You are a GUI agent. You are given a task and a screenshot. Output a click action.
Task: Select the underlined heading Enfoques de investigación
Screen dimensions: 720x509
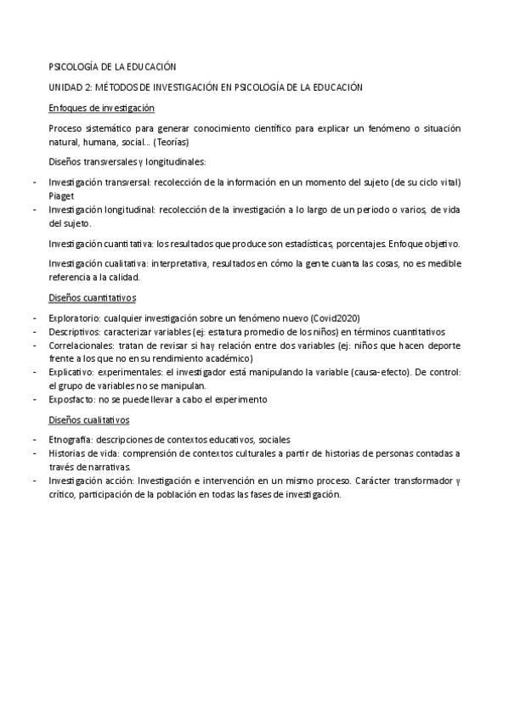tap(101, 109)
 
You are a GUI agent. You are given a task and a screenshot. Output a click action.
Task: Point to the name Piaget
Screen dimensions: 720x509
tap(62, 194)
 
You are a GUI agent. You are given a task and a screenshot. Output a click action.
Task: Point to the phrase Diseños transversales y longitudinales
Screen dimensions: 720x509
tap(127, 161)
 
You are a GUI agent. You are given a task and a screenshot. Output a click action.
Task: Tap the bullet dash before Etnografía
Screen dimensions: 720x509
tap(34, 440)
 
